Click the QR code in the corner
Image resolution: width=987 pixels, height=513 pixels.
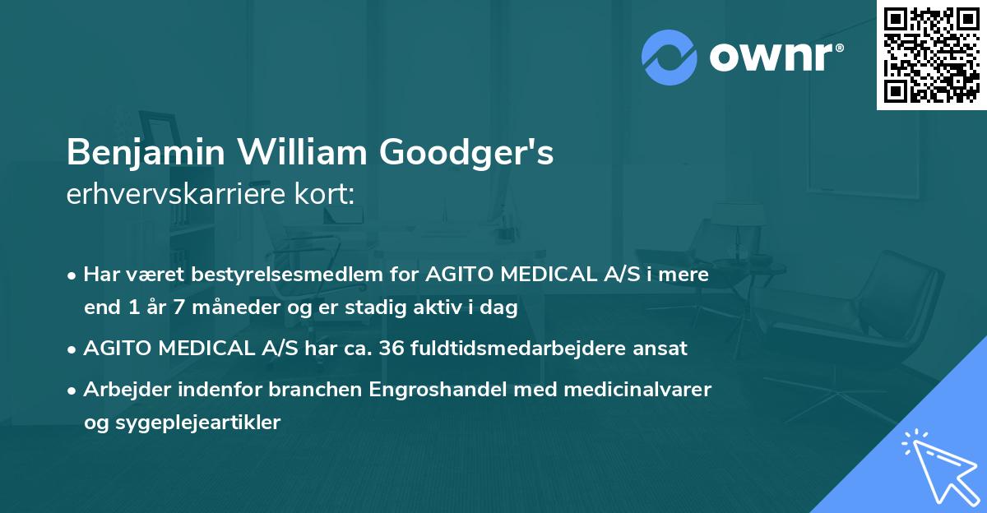click(x=931, y=54)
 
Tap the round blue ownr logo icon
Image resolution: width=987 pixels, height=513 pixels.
click(x=670, y=57)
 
